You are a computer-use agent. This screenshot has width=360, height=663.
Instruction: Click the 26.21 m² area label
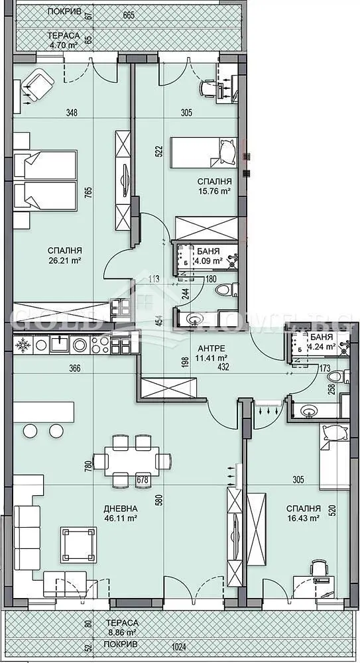coord(65,261)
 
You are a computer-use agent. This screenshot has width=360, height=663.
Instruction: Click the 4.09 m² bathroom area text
coord(208,261)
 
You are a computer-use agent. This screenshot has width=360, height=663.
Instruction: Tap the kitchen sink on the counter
coord(61,344)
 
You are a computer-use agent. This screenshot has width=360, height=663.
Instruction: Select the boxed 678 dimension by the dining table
coord(142,479)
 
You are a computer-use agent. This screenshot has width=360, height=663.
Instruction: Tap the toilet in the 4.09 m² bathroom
coord(224,290)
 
